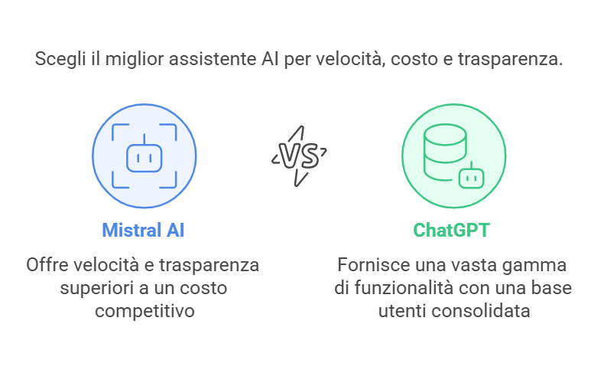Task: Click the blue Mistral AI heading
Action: click(143, 231)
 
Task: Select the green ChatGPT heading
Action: click(453, 231)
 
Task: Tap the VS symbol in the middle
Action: click(300, 156)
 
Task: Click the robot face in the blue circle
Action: click(145, 157)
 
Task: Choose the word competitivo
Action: click(142, 312)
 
